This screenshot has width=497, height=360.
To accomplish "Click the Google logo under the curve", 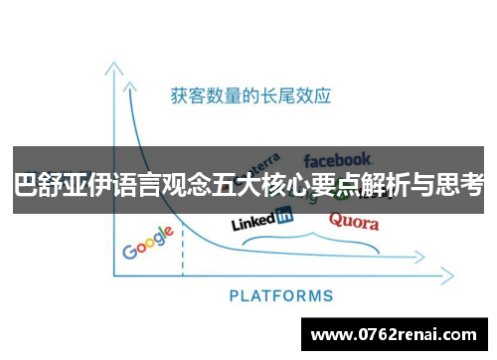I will [148, 244].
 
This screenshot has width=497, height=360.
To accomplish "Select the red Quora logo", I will [353, 221].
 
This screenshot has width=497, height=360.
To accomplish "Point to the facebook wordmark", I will [338, 159].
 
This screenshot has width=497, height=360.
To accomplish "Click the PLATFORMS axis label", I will [281, 295].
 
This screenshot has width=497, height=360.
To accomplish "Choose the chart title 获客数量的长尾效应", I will [249, 96].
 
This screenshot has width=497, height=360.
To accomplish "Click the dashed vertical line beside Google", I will [183, 256].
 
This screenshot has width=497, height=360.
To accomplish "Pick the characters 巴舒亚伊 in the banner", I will [55, 186].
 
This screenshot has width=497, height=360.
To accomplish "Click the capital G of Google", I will [130, 251].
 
